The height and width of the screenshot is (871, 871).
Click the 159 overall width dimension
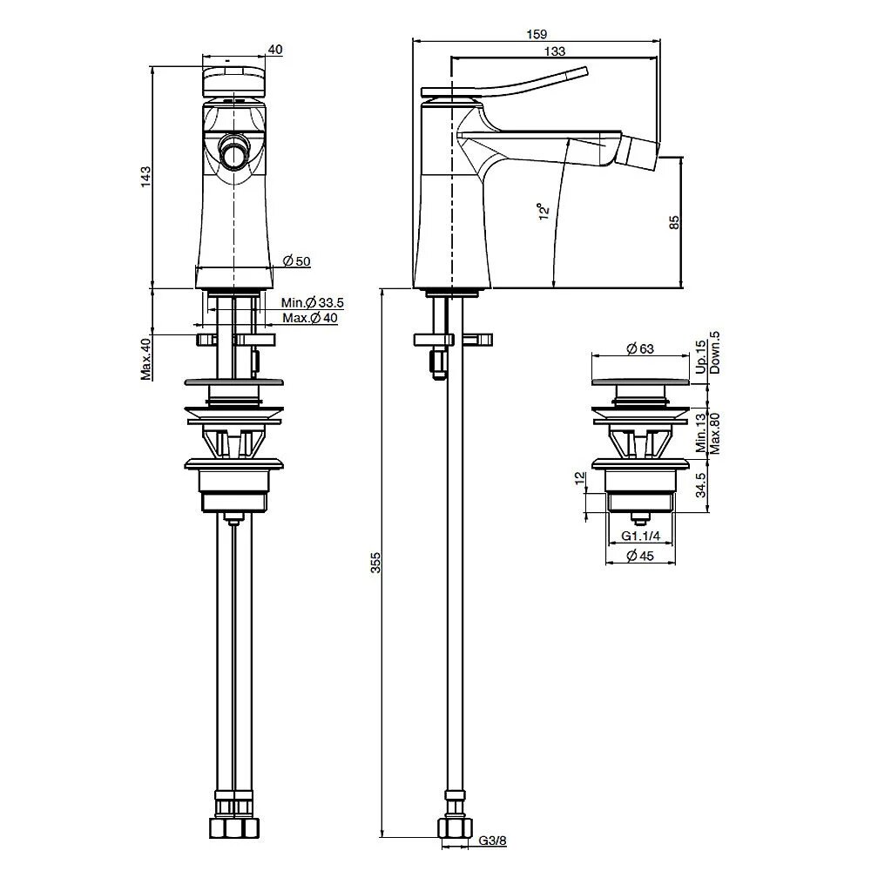[x=537, y=35]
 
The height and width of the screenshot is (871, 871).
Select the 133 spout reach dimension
[x=554, y=51]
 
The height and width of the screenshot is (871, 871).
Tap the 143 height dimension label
[x=145, y=176]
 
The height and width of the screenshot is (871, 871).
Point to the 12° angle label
[x=544, y=211]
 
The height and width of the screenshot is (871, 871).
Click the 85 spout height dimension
[x=674, y=222]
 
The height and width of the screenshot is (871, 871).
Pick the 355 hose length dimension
[x=375, y=562]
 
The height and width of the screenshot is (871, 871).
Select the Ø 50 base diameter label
[x=297, y=260]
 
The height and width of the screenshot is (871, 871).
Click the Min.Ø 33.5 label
[x=312, y=303]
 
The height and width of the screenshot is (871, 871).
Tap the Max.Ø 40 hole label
[x=310, y=318]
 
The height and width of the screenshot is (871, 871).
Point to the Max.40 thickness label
[x=145, y=359]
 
